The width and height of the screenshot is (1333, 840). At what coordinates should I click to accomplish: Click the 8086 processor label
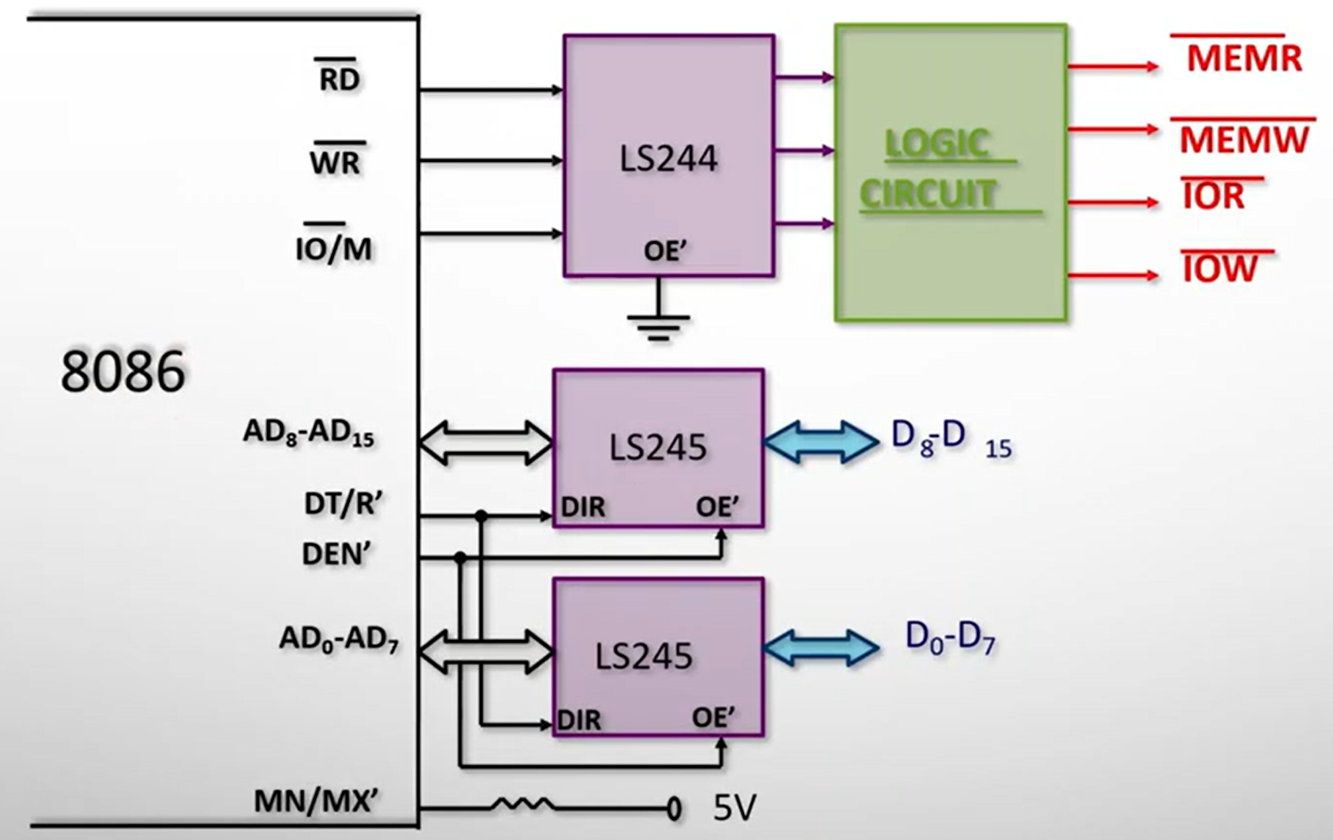123,371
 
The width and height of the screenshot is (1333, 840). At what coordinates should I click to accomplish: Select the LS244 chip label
668,158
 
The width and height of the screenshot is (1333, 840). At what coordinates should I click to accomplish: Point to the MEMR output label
1244,58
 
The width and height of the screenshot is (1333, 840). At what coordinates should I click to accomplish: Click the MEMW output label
1244,139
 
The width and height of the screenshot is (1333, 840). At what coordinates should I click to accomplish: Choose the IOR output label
1214,197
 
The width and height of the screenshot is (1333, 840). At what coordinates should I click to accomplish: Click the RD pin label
338,79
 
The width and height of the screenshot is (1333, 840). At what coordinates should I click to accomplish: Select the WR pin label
335,161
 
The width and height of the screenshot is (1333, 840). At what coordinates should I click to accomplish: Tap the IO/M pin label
333,248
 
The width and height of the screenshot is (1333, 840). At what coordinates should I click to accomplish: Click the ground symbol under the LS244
659,326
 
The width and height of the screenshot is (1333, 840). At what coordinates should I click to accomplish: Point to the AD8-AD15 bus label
309,433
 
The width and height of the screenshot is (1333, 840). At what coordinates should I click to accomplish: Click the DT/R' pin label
343,503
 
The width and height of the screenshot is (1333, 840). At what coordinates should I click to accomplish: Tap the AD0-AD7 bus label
338,640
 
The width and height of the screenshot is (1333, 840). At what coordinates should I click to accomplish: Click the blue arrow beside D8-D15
821,441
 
